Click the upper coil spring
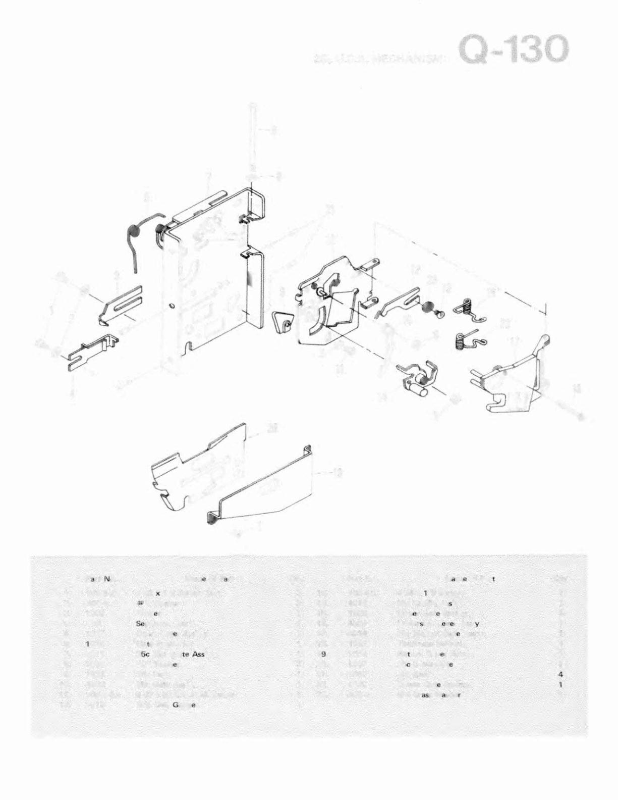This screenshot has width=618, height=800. tap(469, 311)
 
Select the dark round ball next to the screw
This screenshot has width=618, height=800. tap(428, 308)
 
